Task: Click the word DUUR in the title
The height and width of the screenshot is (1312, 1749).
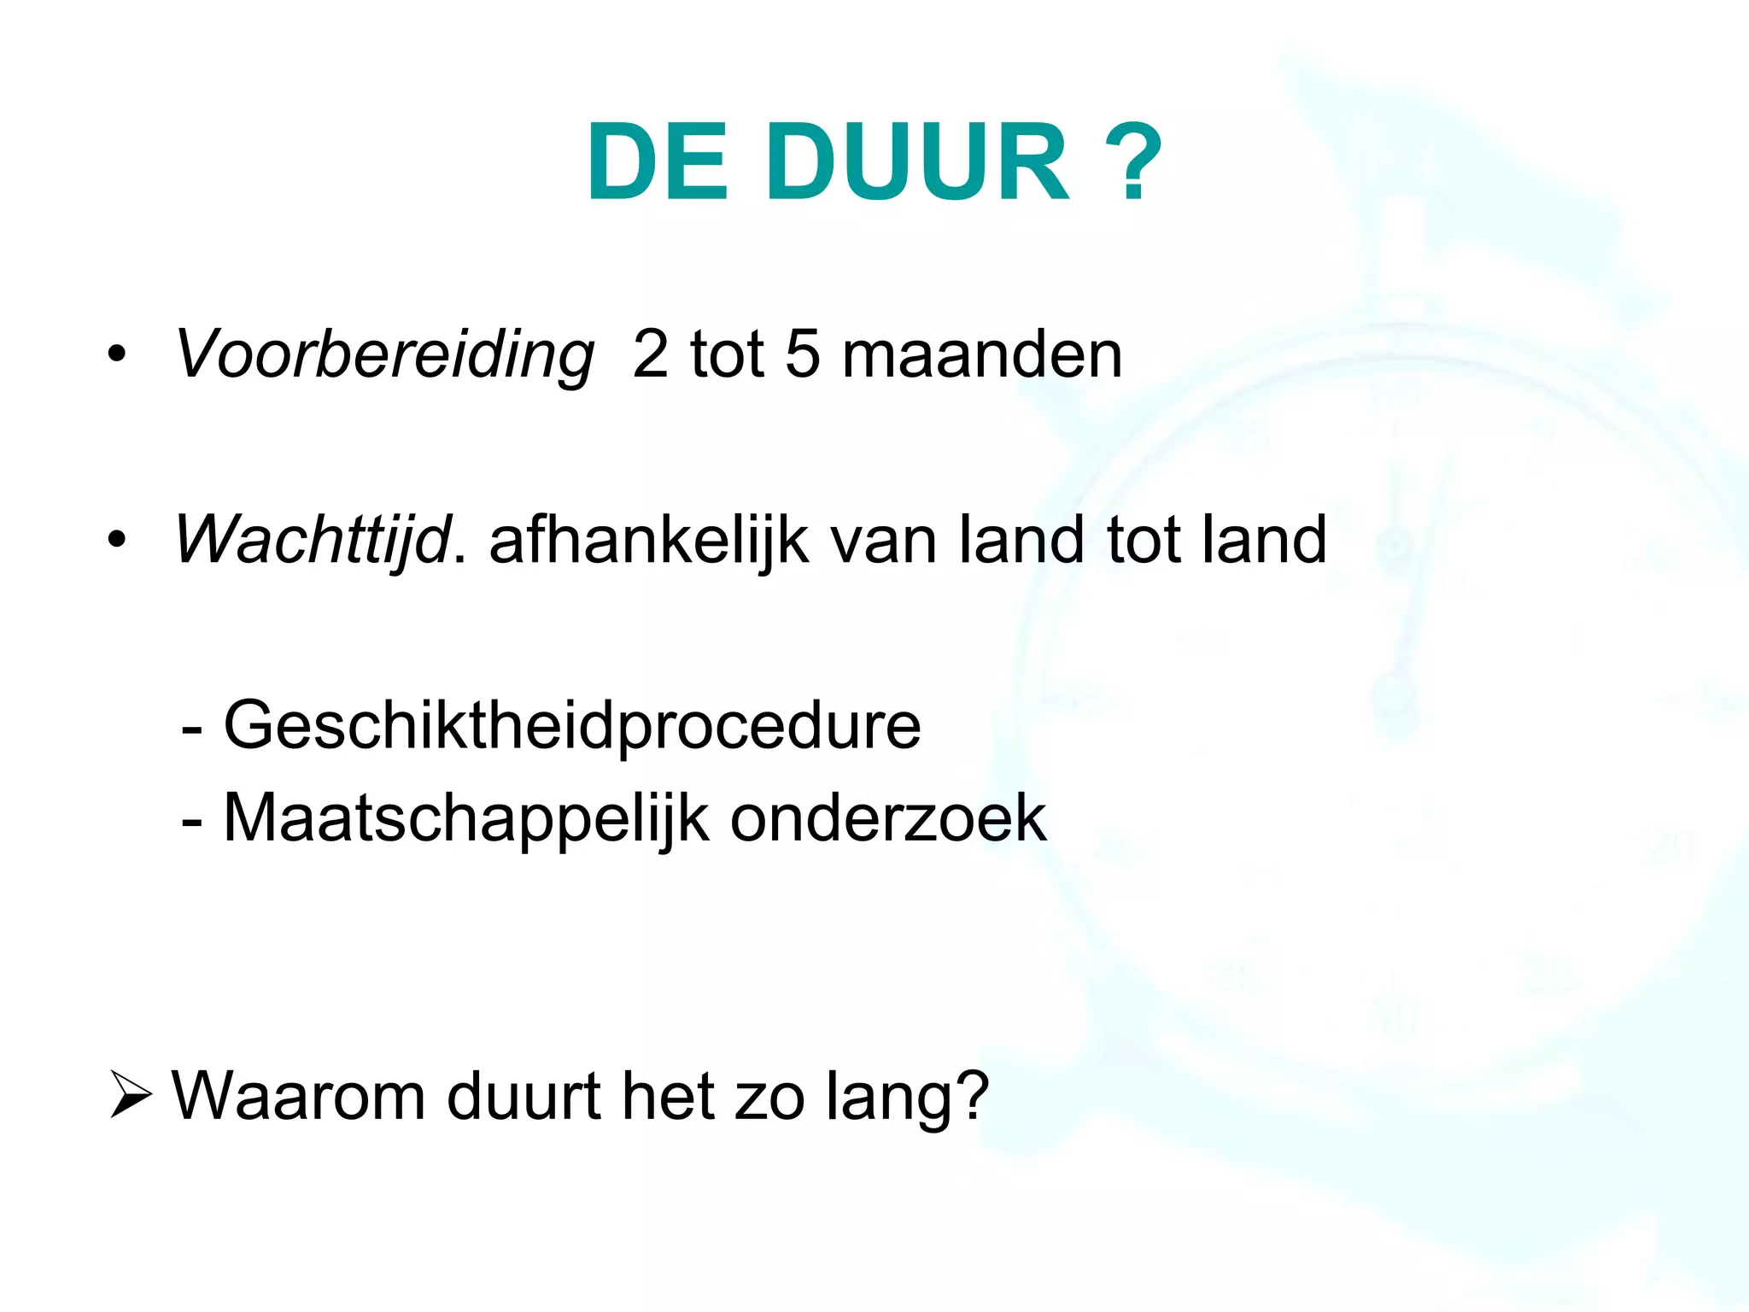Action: coord(917,162)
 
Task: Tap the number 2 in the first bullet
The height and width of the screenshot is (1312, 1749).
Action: coord(651,354)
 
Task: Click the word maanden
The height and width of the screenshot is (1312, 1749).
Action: coord(982,354)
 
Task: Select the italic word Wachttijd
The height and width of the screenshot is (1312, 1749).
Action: coord(313,540)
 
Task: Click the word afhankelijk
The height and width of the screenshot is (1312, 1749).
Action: coord(649,540)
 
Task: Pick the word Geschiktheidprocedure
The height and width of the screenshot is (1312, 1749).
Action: coord(572,726)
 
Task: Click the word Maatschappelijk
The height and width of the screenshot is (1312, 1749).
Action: coord(465,818)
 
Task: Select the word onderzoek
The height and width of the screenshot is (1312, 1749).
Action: coord(888,818)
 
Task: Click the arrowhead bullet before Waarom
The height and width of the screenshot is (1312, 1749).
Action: coord(131,1096)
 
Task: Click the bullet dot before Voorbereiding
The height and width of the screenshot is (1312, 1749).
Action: coord(117,354)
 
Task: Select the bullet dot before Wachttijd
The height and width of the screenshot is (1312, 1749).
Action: coord(117,540)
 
